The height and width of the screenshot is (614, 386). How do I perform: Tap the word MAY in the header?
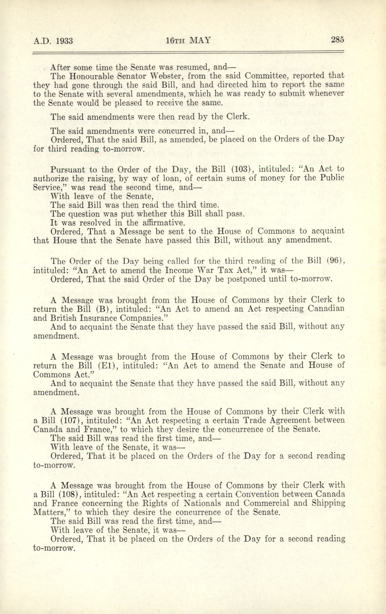pyautogui.click(x=200, y=40)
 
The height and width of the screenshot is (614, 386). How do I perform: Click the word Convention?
pyautogui.click(x=258, y=494)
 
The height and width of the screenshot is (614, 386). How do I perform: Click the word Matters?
pyautogui.click(x=51, y=512)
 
